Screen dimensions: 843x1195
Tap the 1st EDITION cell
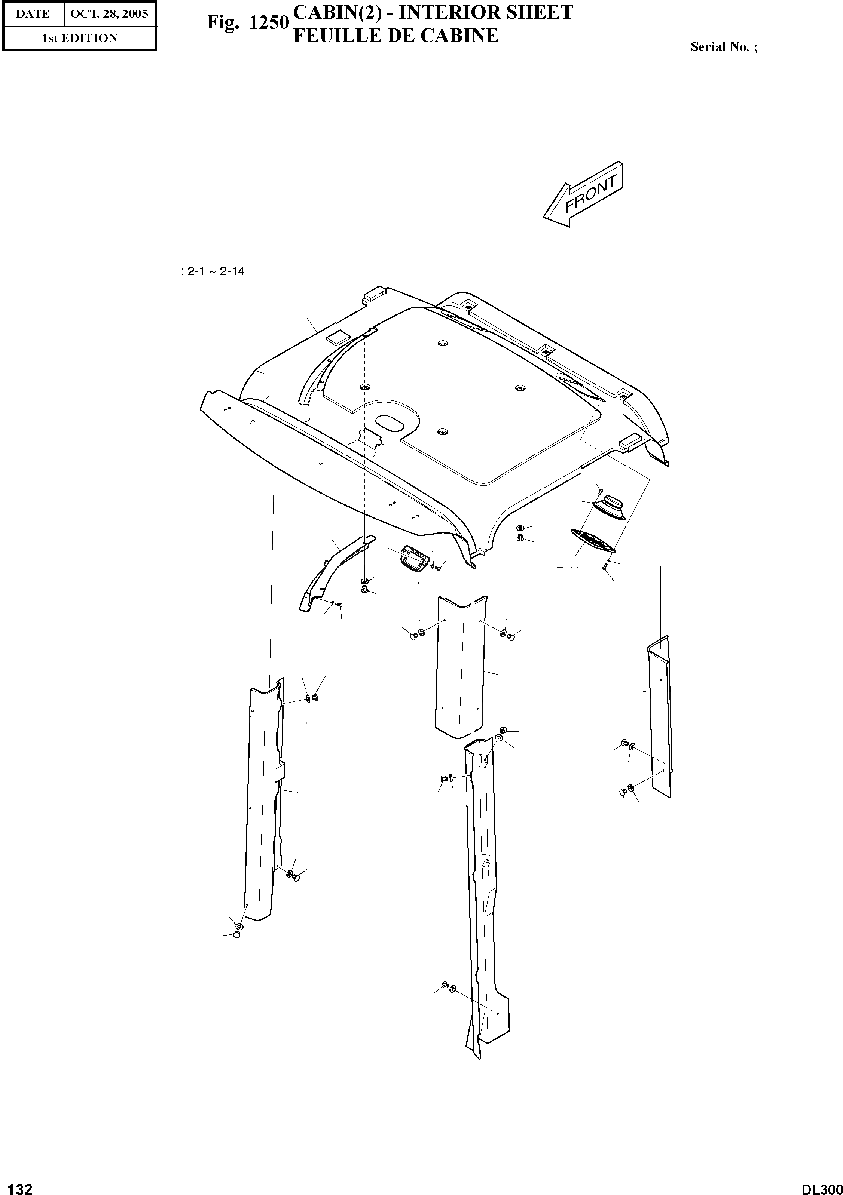coord(80,38)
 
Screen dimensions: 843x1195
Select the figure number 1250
coord(269,23)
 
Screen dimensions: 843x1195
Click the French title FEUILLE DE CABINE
coord(396,36)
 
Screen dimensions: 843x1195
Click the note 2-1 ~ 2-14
coord(213,271)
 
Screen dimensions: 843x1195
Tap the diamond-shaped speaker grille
coord(593,540)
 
